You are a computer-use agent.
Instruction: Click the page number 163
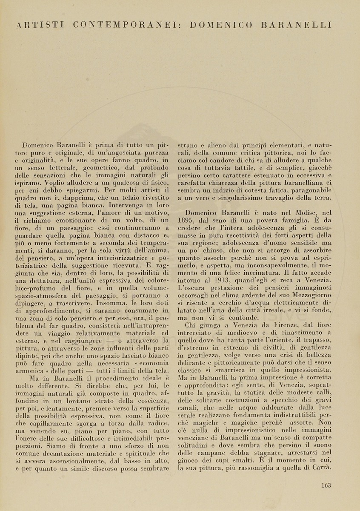pos(326,485)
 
